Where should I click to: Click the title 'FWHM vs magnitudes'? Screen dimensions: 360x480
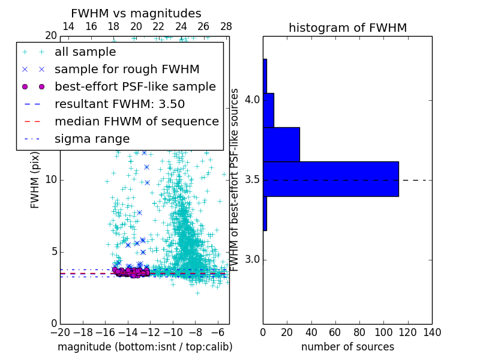136,14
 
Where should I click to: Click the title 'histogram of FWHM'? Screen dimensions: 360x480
347,28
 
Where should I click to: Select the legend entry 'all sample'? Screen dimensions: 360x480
85,52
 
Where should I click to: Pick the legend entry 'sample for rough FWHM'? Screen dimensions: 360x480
127,69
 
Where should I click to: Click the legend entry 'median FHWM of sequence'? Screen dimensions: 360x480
136,121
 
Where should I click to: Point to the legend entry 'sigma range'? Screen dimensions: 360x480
92,139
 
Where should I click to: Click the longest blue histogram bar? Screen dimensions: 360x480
331,179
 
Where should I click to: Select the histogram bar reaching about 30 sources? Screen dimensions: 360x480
281,145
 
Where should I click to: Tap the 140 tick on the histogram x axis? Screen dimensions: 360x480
432,332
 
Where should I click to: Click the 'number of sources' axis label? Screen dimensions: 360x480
347,347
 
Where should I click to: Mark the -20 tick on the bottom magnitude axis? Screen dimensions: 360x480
60,332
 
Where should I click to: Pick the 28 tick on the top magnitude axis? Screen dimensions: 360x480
226,26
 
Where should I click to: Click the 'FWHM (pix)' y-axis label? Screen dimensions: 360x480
35,179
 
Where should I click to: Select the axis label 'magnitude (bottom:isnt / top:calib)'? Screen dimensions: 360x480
145,347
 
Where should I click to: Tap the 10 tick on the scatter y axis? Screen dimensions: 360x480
50,179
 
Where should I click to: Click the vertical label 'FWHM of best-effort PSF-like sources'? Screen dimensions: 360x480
235,179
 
